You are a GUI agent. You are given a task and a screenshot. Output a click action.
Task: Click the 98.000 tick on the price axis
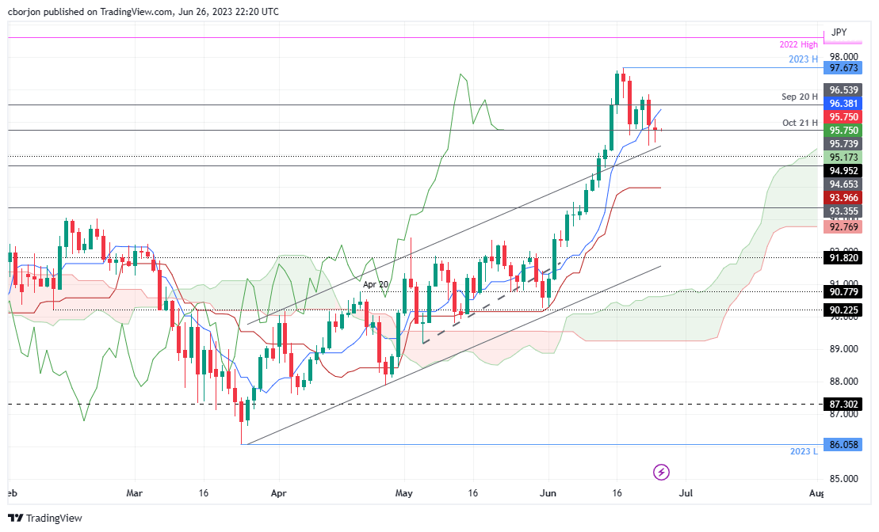(843, 57)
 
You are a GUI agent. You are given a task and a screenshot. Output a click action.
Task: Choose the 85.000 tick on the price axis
(843, 479)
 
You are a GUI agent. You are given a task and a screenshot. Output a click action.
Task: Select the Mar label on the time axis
(133, 492)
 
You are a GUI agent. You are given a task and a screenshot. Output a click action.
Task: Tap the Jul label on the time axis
(686, 492)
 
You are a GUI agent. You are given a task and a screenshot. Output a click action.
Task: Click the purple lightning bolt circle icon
(662, 473)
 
